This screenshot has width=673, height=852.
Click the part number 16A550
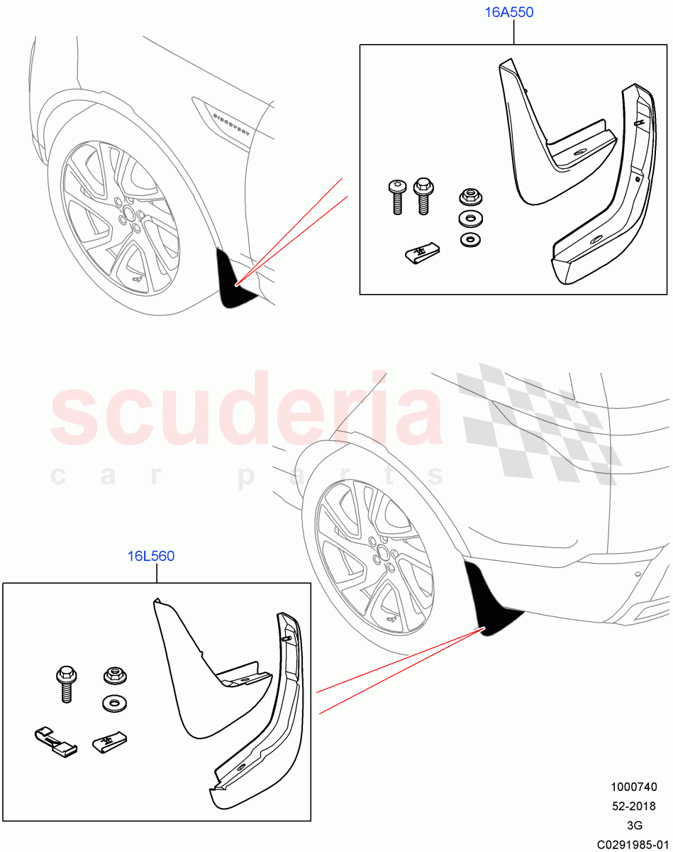pos(508,13)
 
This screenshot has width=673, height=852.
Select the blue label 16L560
pos(150,557)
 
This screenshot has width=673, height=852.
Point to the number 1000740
pos(633,787)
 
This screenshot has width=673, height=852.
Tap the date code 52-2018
pos(633,806)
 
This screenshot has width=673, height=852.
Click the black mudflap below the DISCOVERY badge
pos(235,281)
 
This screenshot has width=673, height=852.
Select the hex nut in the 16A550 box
pos(467,195)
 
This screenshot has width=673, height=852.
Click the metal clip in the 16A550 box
pos(421,251)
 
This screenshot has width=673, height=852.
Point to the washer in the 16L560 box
pos(111,703)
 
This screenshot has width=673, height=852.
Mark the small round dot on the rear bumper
pos(637,574)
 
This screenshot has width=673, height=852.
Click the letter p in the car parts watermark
pos(246,476)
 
